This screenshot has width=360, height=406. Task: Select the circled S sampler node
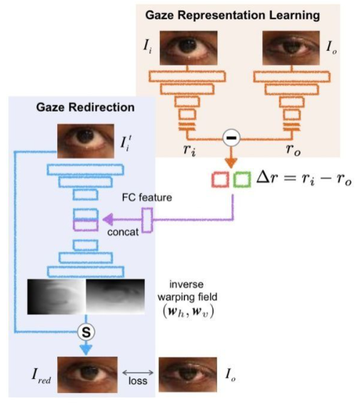(86, 332)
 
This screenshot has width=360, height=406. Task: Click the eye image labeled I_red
(84, 372)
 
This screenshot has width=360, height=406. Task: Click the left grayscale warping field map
(56, 296)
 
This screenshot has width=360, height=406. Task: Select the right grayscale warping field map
(114, 296)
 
